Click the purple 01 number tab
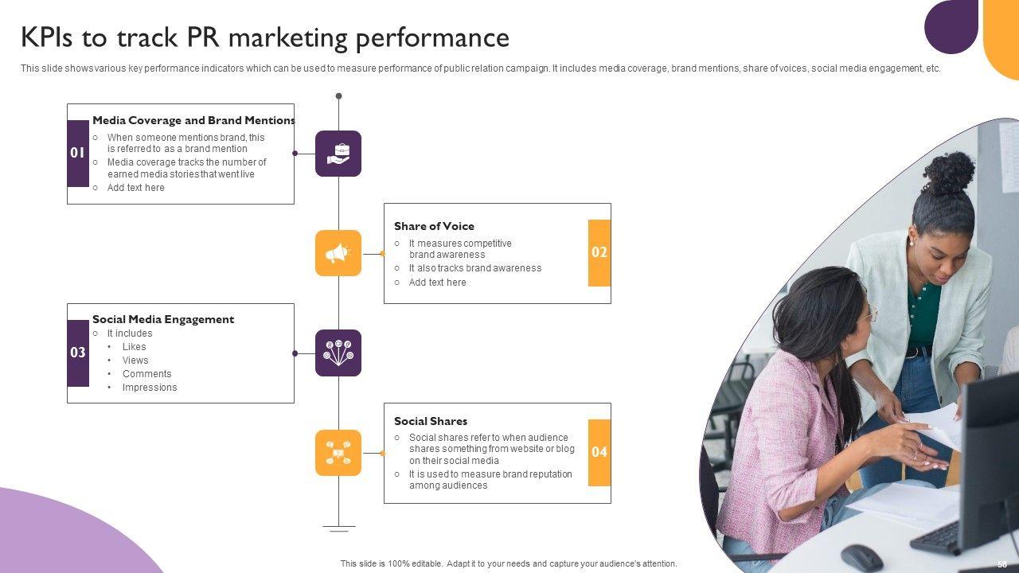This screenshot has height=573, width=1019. [78, 153]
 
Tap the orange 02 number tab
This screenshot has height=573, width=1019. [599, 253]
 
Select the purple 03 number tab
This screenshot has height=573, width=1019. [78, 353]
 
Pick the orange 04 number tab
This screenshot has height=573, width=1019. [599, 452]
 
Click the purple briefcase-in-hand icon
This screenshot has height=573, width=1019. [338, 154]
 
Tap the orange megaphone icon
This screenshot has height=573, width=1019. [338, 253]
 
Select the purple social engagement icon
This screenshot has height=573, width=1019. [338, 353]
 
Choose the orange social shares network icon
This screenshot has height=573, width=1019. [338, 453]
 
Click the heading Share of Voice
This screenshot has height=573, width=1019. [434, 226]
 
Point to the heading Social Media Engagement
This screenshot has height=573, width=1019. [163, 319]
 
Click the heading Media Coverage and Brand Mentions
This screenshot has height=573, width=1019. [193, 120]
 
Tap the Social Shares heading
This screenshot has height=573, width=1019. [431, 421]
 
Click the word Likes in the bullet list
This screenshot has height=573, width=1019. [135, 347]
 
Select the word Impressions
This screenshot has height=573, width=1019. [150, 388]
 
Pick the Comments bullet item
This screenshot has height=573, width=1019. [147, 374]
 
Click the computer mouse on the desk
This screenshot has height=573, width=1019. [861, 556]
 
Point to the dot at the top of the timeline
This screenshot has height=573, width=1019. [338, 96]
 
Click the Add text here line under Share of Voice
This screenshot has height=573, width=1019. [437, 283]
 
